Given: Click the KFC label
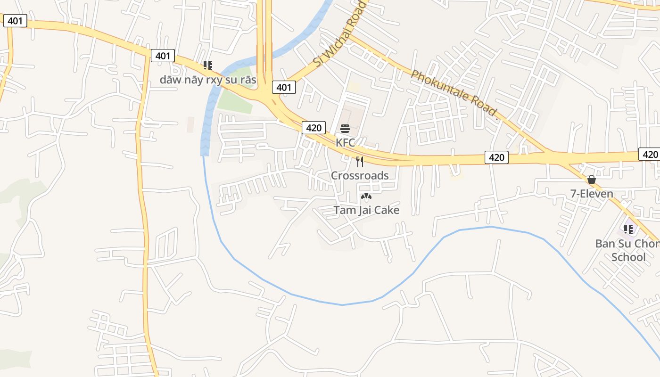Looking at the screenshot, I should pos(345,142).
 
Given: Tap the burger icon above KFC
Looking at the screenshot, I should pos(345,129).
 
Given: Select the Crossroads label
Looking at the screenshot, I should pos(360,176).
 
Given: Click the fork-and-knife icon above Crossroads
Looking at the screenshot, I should pos(360,162).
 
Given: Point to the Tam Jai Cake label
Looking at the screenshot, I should pos(366,210).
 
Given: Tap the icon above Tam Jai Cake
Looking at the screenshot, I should pos(366,196).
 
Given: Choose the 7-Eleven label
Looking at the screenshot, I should pos(591,194).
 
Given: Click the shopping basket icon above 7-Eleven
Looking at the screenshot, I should pos(591,180).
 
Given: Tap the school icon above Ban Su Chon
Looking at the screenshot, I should pos(628,229).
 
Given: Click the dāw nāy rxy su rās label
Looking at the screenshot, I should pos(208,80).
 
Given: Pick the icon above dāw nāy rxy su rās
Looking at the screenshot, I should pos(208,66).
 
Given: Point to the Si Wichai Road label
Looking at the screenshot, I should pos(340,34).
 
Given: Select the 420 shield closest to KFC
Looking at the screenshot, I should pos(313,127).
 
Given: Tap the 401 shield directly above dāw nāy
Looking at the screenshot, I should pos(163,56).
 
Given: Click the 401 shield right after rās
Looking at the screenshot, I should pos(284,87).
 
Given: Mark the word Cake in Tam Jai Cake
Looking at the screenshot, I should pos(385,210).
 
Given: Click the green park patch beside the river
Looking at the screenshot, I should pos(235,101).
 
